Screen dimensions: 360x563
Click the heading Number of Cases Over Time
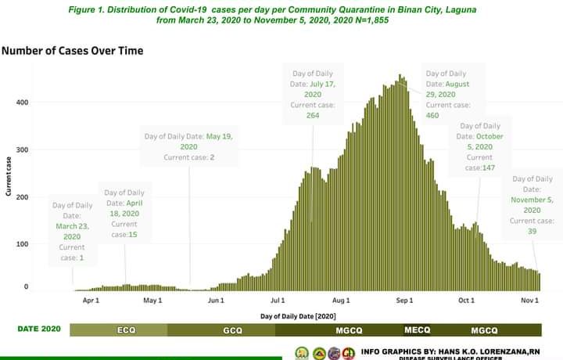pyautogui.click(x=72, y=51)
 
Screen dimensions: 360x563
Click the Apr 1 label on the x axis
pyautogui.click(x=91, y=300)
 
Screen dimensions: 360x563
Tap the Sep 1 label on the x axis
pyautogui.click(x=403, y=300)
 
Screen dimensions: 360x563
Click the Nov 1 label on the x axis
pyautogui.click(x=530, y=300)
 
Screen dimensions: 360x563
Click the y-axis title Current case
pyautogui.click(x=9, y=176)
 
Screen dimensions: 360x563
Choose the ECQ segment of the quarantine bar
pyautogui.click(x=126, y=330)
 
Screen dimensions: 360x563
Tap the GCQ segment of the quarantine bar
pyautogui.click(x=232, y=330)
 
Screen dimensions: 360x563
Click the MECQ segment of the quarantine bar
pyautogui.click(x=417, y=329)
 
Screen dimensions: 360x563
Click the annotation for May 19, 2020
pyautogui.click(x=188, y=146)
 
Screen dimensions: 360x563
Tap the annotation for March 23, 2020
pyautogui.click(x=72, y=231)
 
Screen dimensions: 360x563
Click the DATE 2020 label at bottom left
pyautogui.click(x=39, y=329)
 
